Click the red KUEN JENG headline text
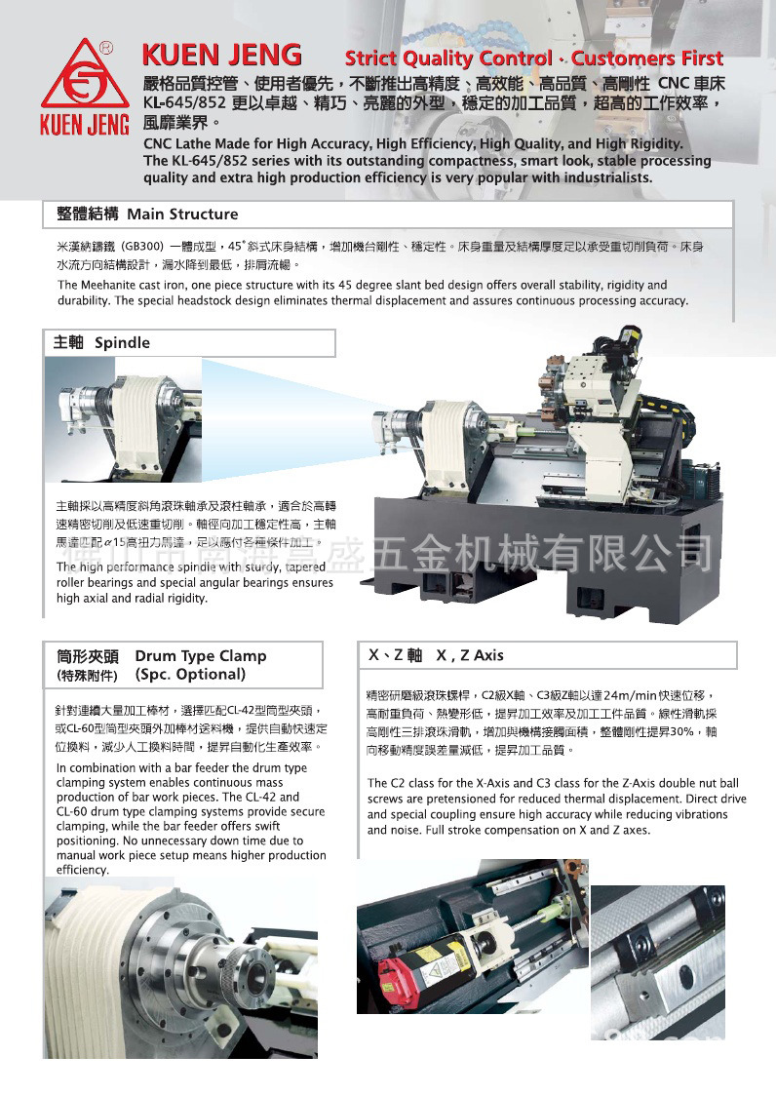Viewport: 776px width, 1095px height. (221, 55)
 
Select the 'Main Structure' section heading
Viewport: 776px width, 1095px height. (182, 214)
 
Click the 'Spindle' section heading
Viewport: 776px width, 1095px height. (122, 342)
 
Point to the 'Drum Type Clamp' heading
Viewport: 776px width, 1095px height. (200, 655)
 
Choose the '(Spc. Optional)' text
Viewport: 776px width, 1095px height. (190, 674)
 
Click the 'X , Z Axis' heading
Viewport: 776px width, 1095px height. (470, 655)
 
